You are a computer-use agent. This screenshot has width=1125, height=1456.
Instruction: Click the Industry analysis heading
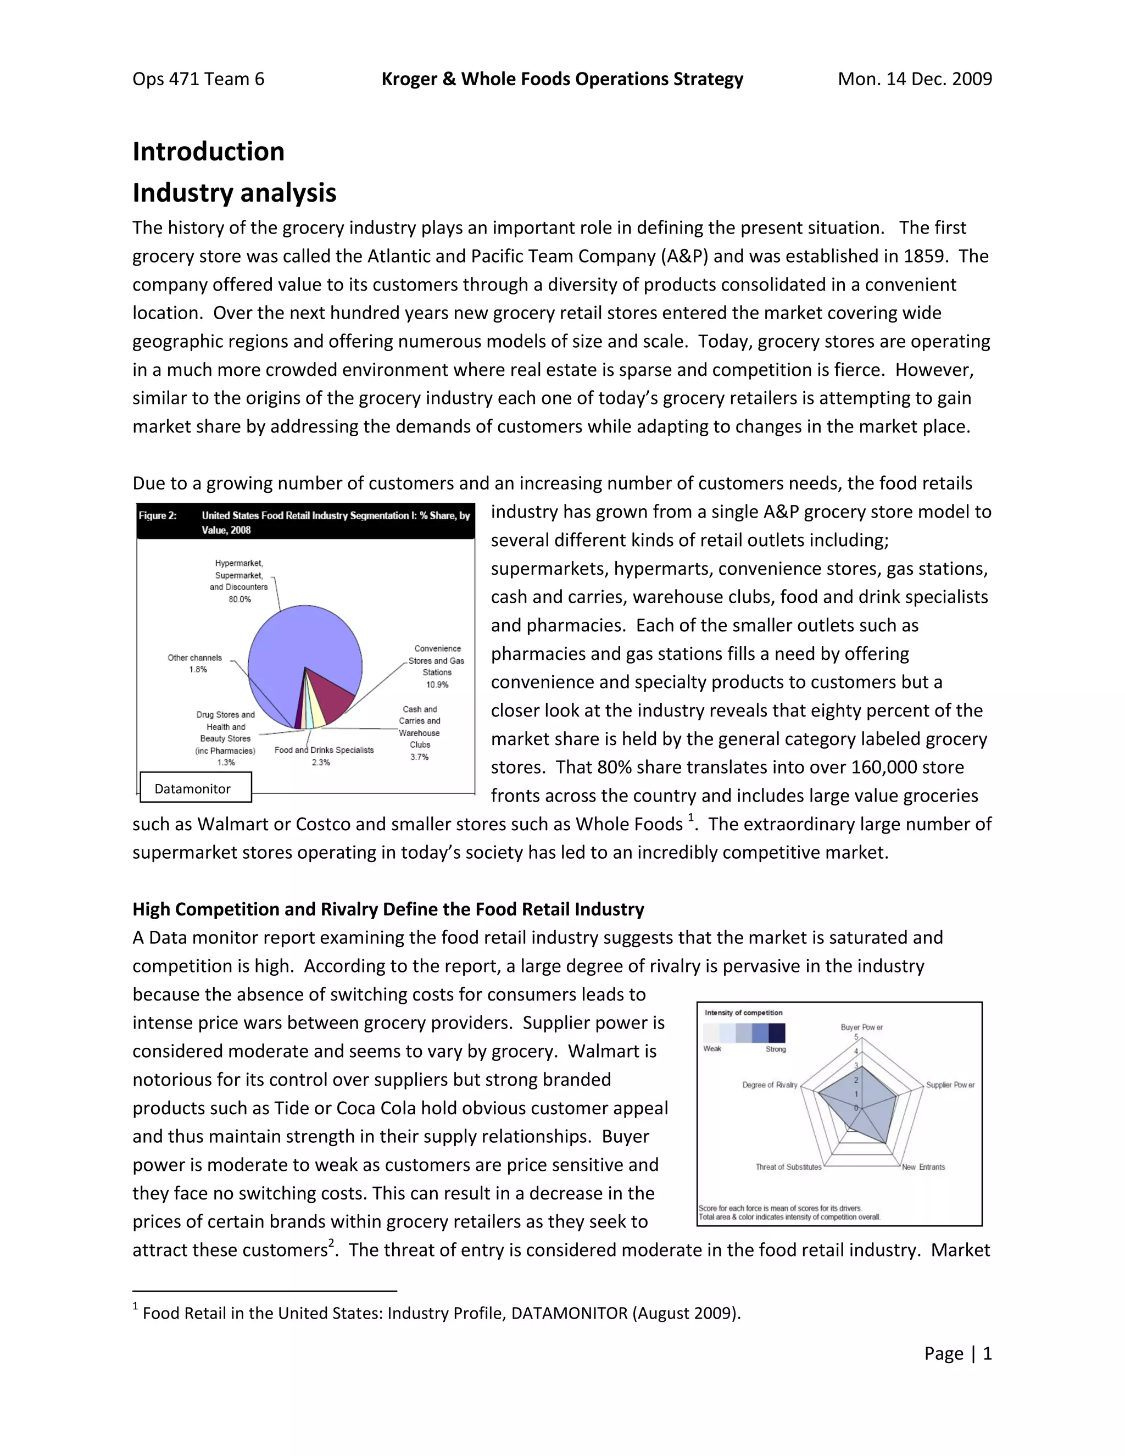point(234,193)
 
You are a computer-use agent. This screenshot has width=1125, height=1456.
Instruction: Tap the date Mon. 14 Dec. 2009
point(915,79)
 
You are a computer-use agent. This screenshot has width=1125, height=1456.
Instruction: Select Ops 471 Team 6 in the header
point(198,79)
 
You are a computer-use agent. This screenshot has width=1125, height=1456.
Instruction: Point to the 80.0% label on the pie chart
point(240,599)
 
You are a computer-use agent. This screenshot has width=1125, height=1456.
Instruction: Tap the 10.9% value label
point(437,685)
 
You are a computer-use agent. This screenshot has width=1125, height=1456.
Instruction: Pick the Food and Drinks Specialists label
point(324,750)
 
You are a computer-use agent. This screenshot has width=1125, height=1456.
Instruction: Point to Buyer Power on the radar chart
point(862,1027)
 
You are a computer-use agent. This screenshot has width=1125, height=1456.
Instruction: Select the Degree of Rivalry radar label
point(770,1085)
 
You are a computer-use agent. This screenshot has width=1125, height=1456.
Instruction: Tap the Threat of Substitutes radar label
point(788,1166)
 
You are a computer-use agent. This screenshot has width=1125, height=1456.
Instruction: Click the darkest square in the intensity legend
point(776,1033)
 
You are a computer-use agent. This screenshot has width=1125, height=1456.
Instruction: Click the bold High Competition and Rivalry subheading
point(388,909)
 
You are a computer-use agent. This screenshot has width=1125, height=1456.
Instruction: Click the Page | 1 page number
point(957,1353)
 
